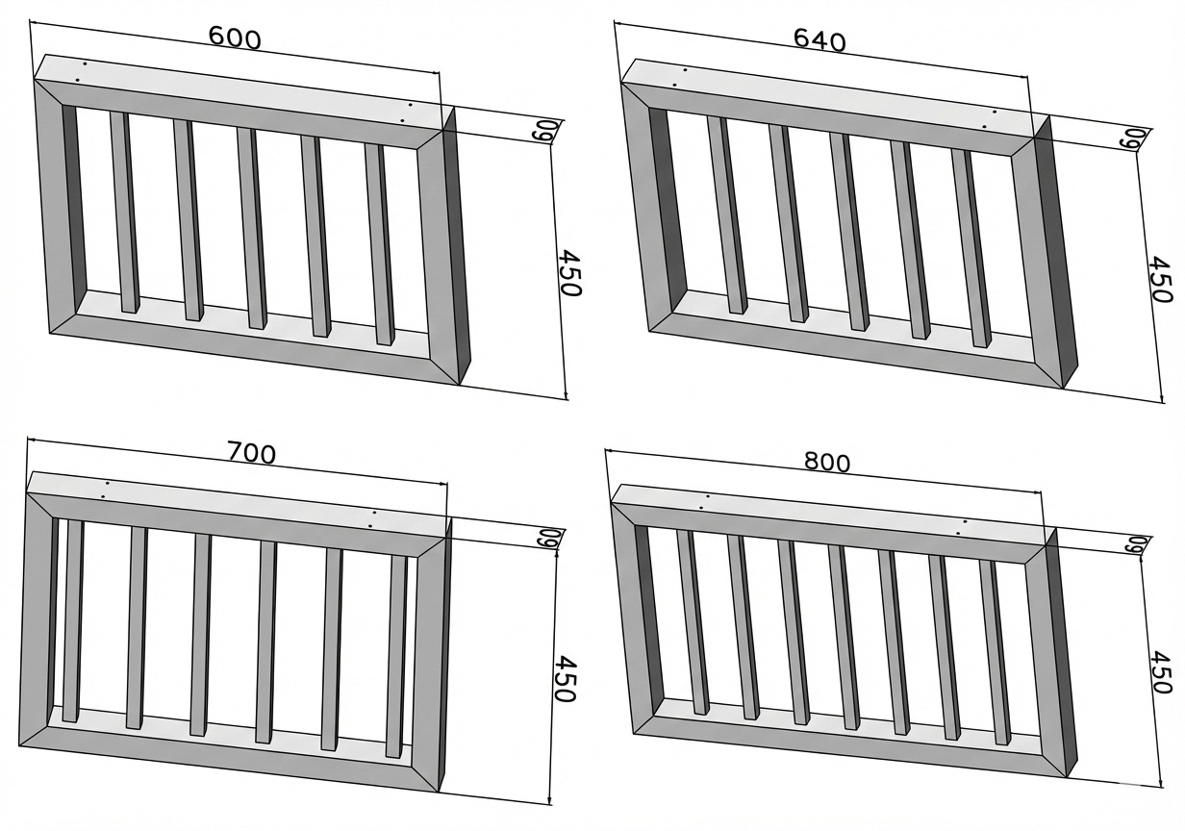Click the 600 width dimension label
235,38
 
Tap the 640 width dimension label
819,40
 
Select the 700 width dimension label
251,453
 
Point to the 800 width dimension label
827,463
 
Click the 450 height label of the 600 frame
569,273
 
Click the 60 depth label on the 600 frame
544,131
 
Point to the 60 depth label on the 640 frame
1134,137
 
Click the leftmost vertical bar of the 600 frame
125,212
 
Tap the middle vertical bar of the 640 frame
849,232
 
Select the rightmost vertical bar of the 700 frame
399,656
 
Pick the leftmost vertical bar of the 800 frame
693,621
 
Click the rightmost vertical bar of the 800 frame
996,652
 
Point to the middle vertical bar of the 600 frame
252,229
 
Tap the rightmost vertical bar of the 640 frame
971,248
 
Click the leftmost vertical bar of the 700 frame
73,621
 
